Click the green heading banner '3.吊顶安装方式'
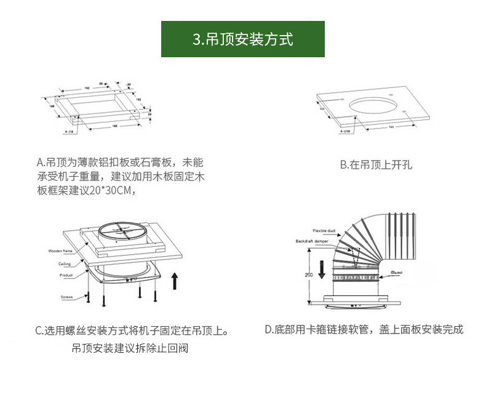click(242, 39)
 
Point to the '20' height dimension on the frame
click(150, 114)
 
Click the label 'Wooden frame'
click(61, 252)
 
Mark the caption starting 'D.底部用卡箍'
click(364, 330)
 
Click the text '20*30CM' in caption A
click(113, 190)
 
